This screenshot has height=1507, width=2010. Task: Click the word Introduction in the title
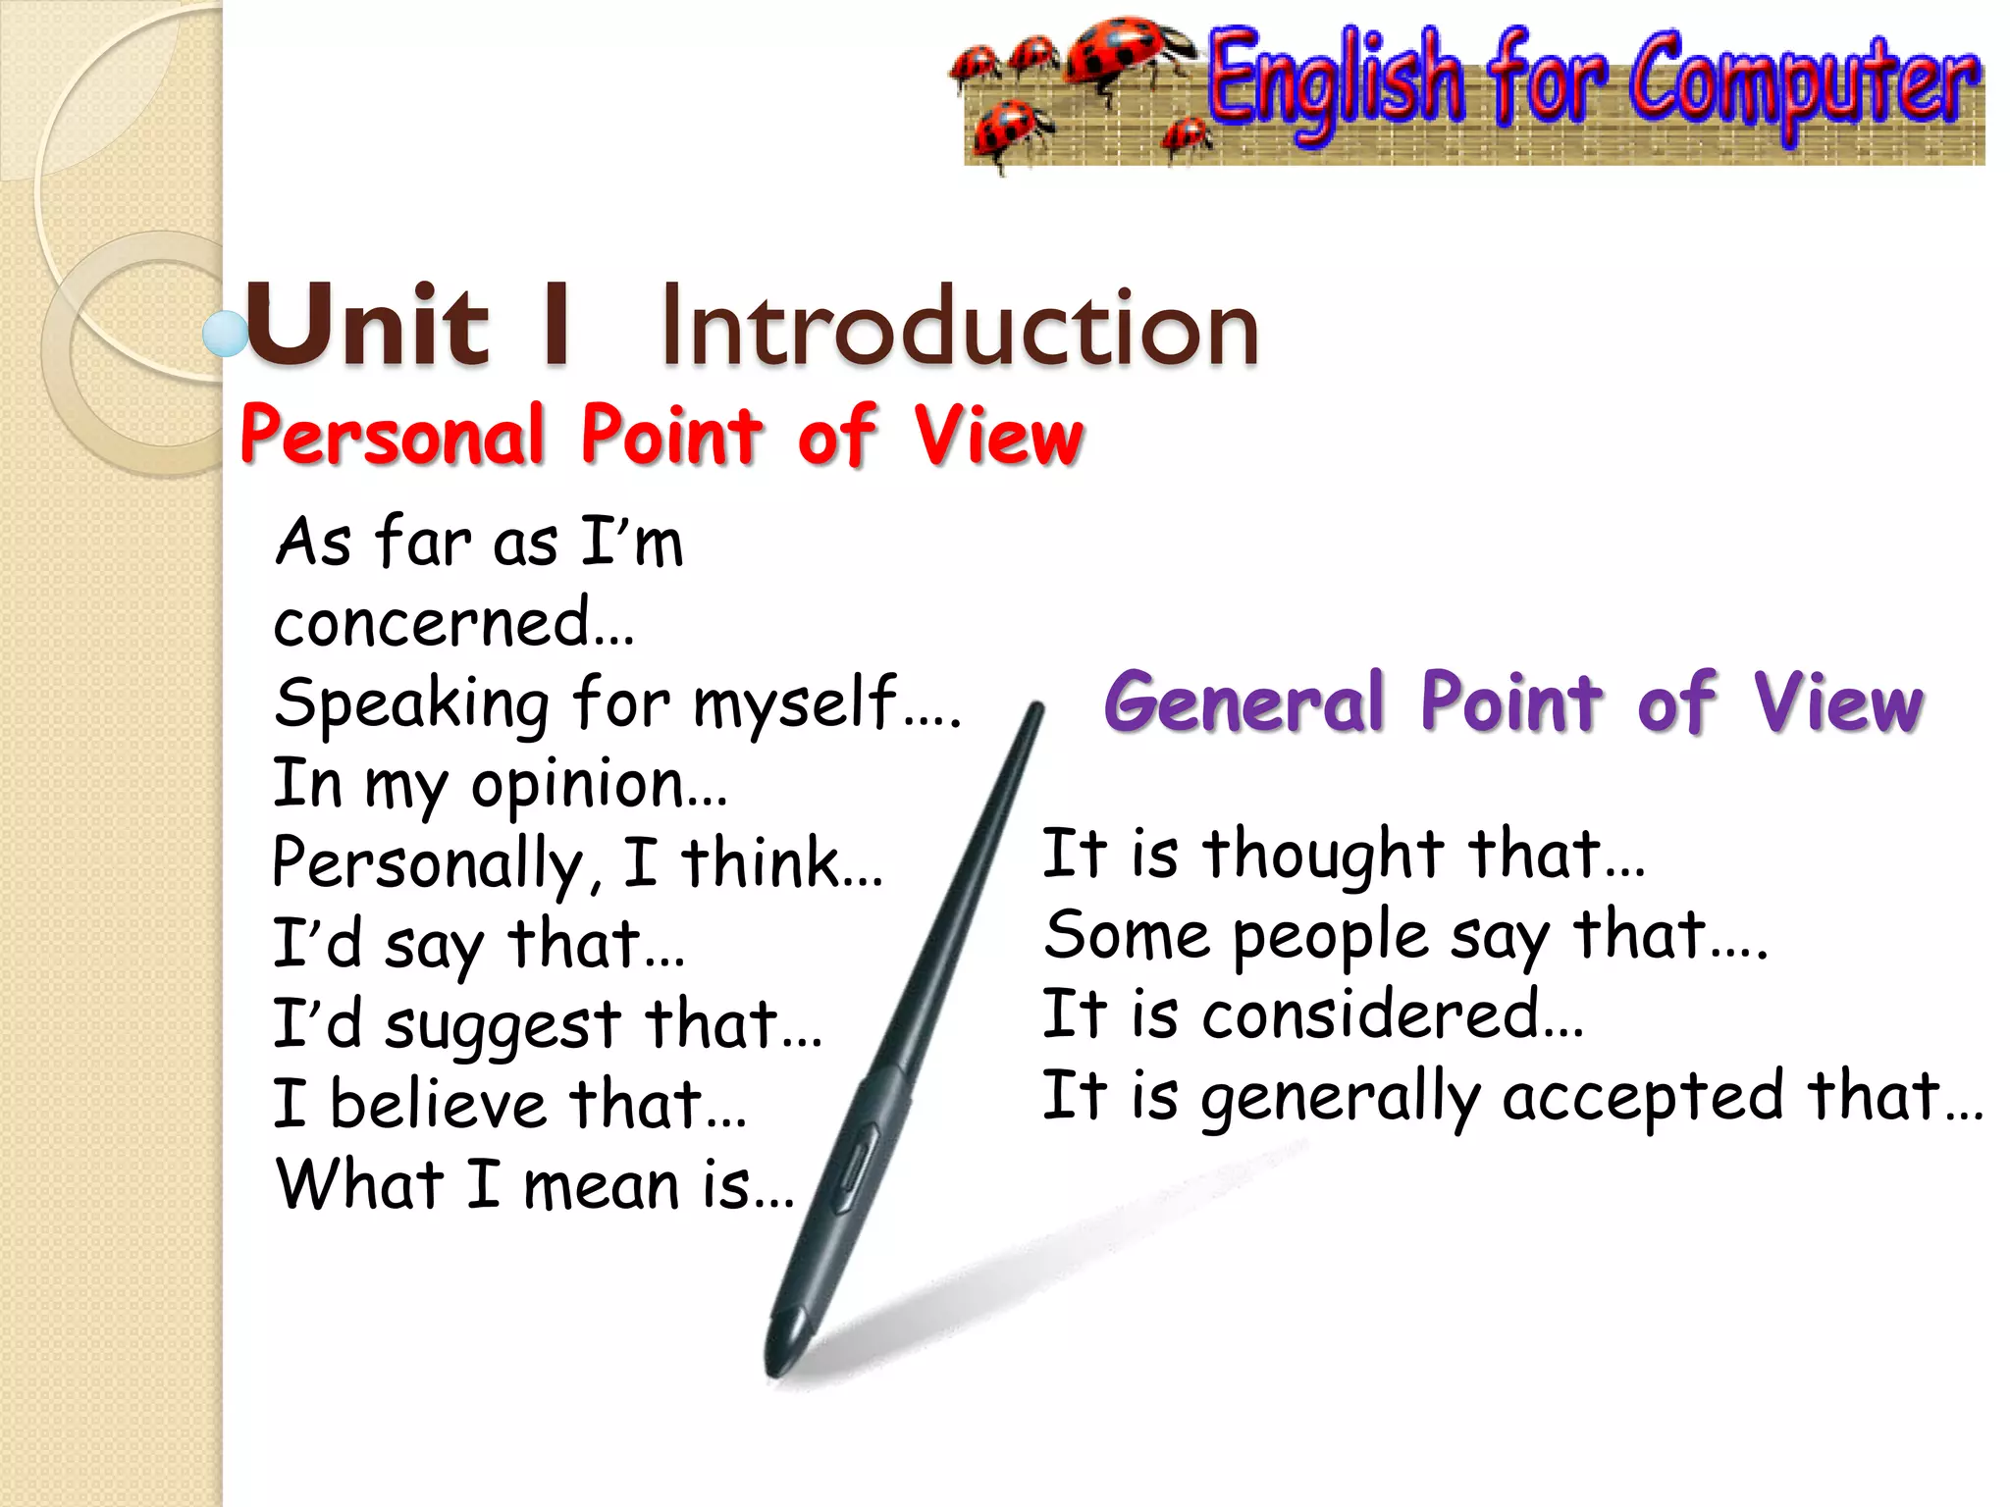point(960,327)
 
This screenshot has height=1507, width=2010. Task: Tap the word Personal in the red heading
point(392,434)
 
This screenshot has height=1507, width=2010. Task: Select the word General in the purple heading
point(1243,702)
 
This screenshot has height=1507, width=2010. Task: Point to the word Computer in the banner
point(1804,83)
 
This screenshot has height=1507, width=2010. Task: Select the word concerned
point(432,624)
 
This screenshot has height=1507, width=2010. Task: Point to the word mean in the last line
point(601,1185)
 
